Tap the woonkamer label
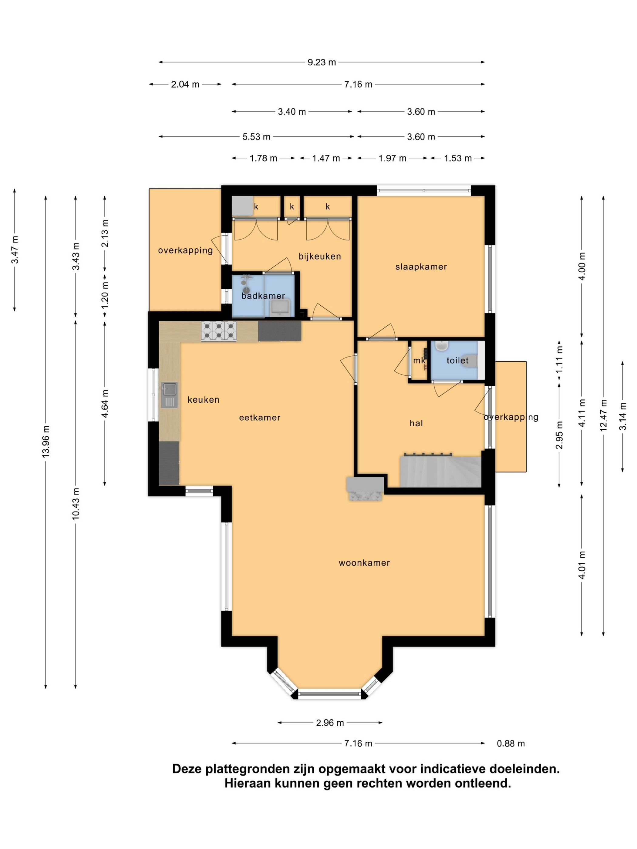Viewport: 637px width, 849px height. tap(364, 563)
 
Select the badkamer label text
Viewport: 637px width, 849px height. tap(263, 296)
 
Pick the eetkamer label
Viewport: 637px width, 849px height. tap(260, 418)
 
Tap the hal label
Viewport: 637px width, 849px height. tap(416, 423)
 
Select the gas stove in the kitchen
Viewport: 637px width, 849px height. tap(218, 331)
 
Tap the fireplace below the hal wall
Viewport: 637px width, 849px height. tap(365, 488)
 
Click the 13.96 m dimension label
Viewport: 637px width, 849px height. tap(46, 441)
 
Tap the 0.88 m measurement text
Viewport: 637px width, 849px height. tap(511, 743)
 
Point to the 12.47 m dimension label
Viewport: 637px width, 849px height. tap(603, 415)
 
